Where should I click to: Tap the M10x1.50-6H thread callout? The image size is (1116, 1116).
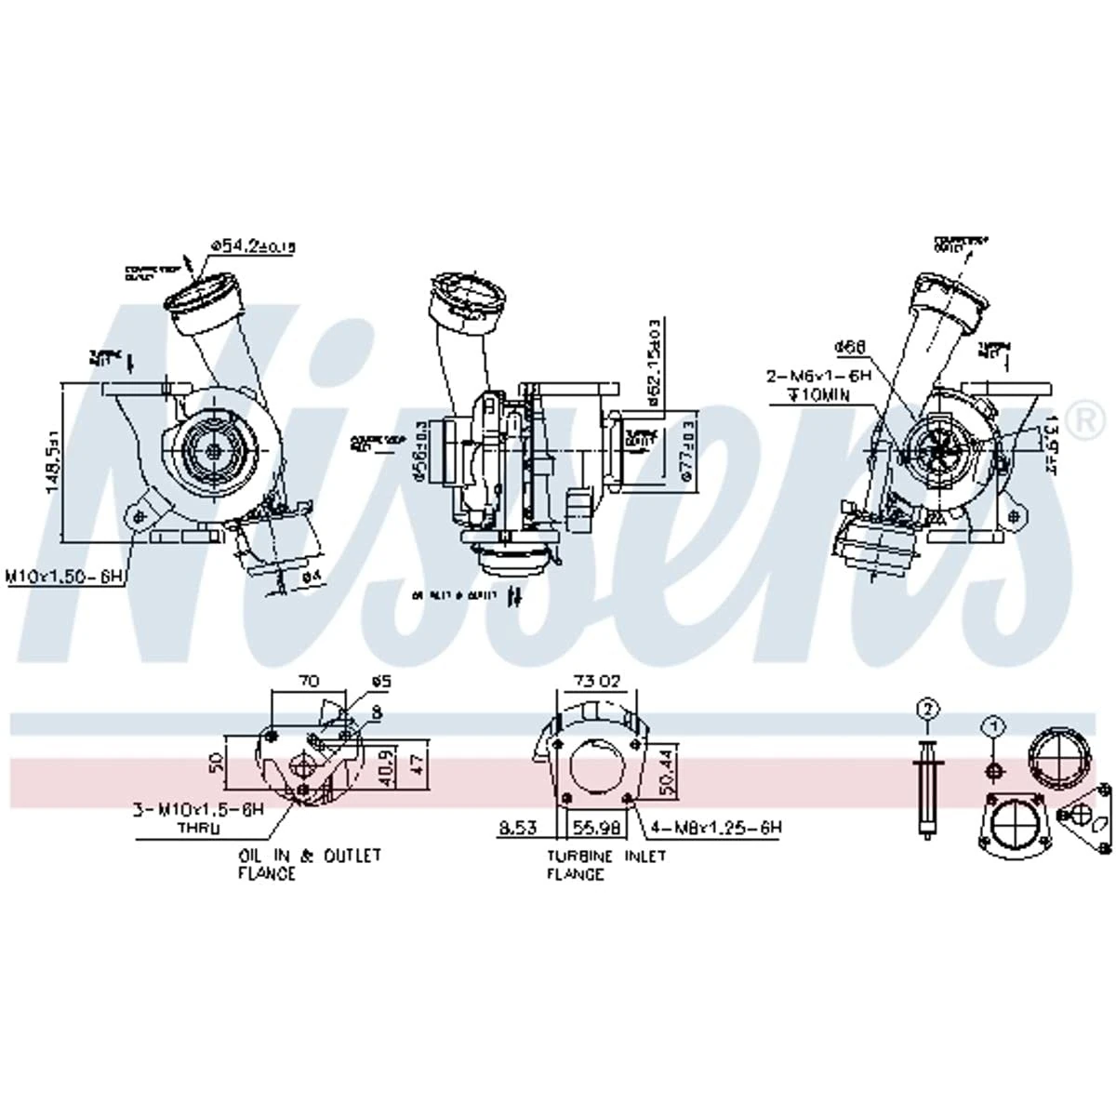click(65, 578)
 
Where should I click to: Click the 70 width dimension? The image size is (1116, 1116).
click(308, 682)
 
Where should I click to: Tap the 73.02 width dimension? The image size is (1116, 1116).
click(596, 682)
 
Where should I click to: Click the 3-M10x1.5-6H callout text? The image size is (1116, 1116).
click(199, 811)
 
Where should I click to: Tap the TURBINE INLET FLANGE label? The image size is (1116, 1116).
click(605, 865)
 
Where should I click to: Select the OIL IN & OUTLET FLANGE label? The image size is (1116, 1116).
click(309, 864)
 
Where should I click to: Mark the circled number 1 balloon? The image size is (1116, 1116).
click(993, 725)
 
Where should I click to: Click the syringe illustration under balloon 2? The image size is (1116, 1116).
click(926, 789)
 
